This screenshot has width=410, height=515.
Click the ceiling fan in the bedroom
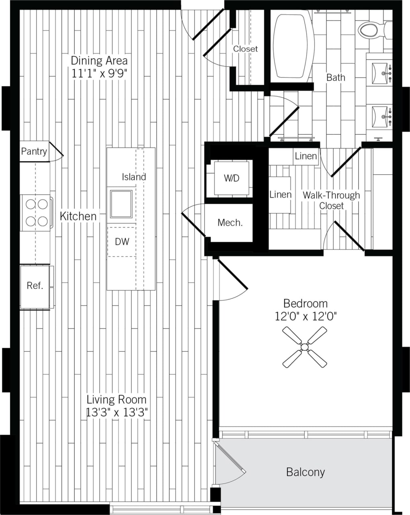tap(304, 347)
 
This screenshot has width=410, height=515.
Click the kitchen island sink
tap(121, 204)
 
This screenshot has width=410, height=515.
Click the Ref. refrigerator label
tap(35, 286)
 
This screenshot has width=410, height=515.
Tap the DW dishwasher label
tap(122, 241)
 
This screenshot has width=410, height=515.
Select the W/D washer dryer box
tap(231, 178)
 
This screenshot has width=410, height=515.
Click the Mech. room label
tap(230, 222)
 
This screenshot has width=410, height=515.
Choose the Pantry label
tap(34, 152)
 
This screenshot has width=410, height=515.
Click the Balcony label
tap(305, 472)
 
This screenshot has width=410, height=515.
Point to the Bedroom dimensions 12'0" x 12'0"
tap(305, 316)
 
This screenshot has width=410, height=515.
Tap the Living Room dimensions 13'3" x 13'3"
tap(117, 412)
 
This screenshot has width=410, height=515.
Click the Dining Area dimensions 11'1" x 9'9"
tap(99, 74)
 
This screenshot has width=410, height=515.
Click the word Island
tap(134, 177)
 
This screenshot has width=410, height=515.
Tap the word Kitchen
tap(78, 216)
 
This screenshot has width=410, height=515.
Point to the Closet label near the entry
tap(245, 49)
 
